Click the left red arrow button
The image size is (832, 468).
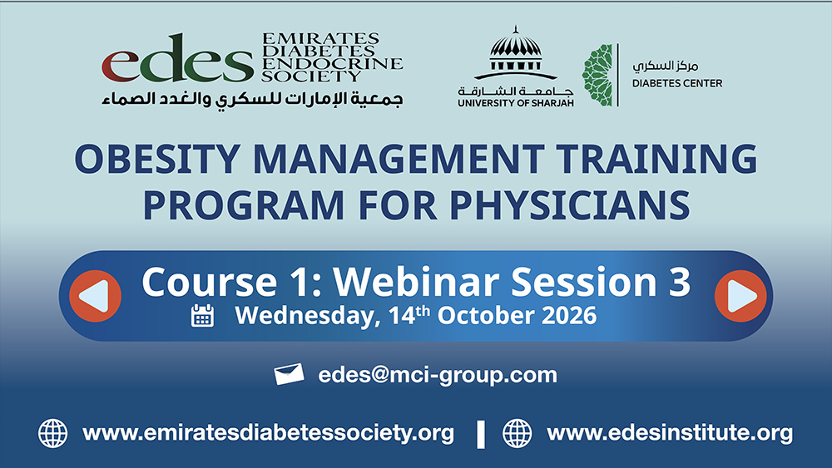click(96, 296)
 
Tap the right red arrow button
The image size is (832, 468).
click(740, 296)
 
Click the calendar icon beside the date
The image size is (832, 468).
click(202, 315)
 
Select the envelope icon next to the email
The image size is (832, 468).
click(290, 374)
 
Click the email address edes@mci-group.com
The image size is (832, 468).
click(438, 375)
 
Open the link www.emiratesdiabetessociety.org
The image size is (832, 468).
click(269, 432)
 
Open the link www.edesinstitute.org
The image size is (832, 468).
click(670, 432)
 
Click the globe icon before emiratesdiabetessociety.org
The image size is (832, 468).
click(53, 433)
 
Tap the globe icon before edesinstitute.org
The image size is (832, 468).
click(518, 433)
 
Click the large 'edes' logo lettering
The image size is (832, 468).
click(178, 58)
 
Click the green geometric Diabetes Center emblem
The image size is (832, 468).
click(597, 76)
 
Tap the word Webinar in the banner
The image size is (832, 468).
click(415, 282)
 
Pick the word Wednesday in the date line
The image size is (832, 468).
click(308, 316)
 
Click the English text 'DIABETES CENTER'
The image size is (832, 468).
click(677, 83)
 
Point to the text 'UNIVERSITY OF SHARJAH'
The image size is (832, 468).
click(516, 102)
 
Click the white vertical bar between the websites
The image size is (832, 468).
click(481, 434)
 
